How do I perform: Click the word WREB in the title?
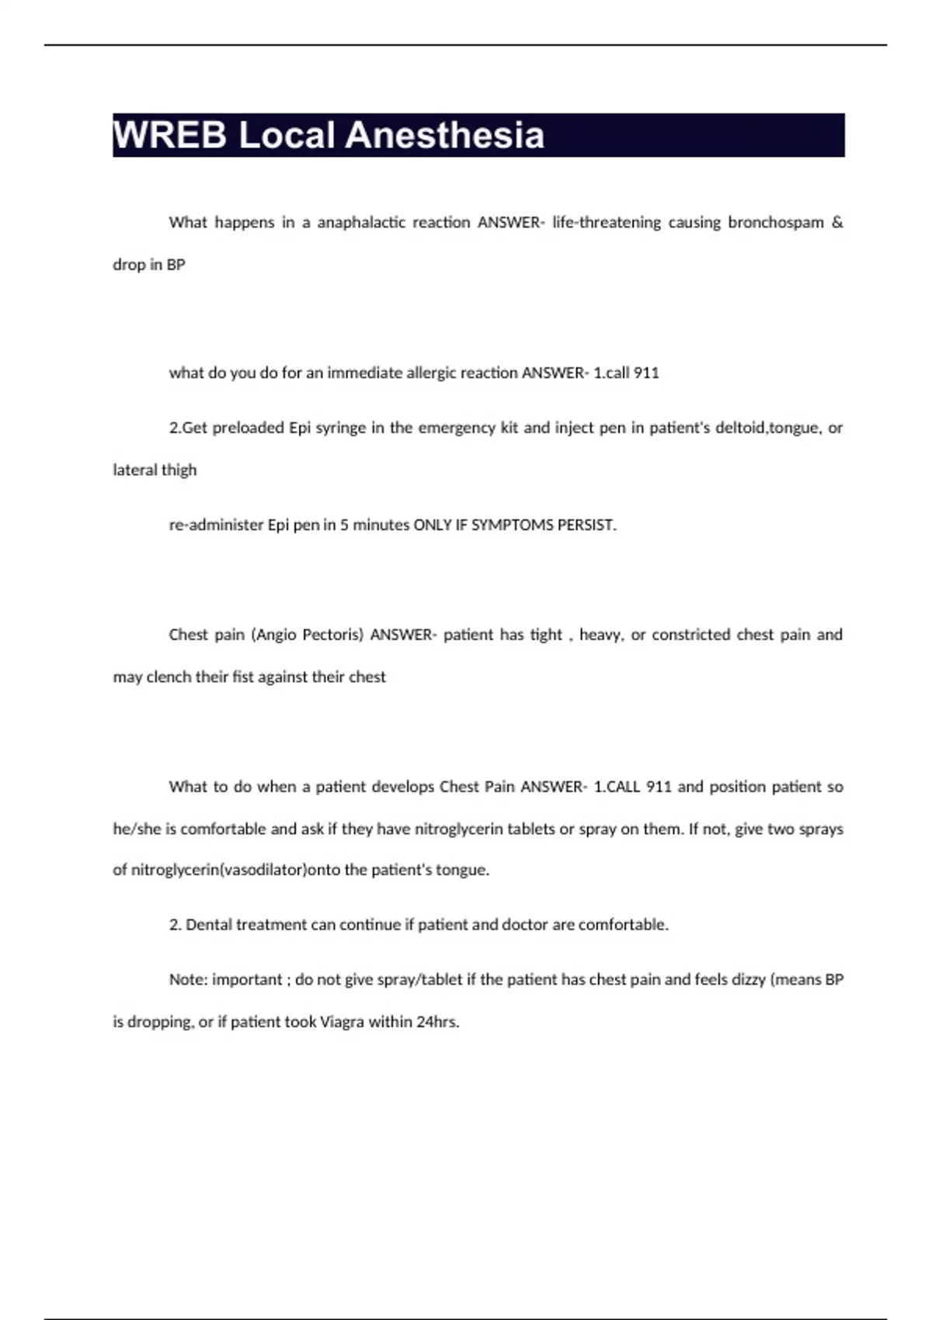pyautogui.click(x=169, y=135)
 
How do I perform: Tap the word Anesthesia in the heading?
pyautogui.click(x=444, y=135)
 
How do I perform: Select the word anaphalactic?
pyautogui.click(x=360, y=222)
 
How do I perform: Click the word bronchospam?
pyautogui.click(x=775, y=222)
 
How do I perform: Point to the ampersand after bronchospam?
pyautogui.click(x=836, y=222)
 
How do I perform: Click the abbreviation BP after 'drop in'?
pyautogui.click(x=176, y=265)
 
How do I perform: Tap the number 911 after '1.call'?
pyautogui.click(x=646, y=373)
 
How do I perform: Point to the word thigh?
pyautogui.click(x=179, y=470)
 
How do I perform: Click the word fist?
pyautogui.click(x=243, y=677)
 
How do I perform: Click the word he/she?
pyautogui.click(x=136, y=829)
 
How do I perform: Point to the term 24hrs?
pyautogui.click(x=437, y=1022)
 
